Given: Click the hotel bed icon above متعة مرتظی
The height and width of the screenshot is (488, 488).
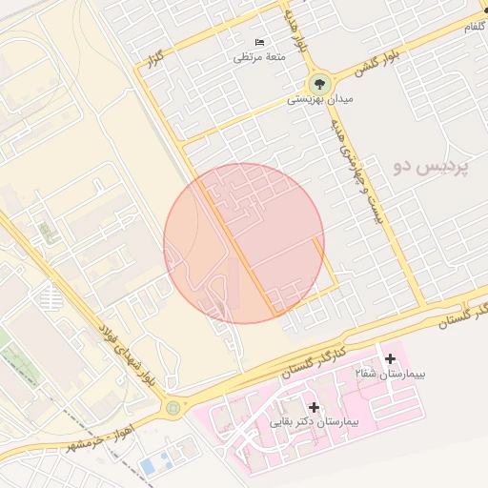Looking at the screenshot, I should click(x=260, y=42).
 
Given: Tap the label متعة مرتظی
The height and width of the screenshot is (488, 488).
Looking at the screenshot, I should click(x=260, y=57).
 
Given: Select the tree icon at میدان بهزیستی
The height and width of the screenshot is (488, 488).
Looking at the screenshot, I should click(x=319, y=83).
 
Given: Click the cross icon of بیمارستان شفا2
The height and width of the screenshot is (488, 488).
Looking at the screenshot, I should click(x=389, y=358).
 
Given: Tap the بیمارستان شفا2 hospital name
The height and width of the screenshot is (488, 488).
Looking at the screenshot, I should click(x=390, y=374).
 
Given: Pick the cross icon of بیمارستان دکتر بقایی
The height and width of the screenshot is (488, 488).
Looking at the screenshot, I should click(x=314, y=407).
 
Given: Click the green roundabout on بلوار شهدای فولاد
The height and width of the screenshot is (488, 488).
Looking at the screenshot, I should click(x=173, y=408).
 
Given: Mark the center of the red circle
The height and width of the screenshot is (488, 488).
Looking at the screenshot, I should click(x=244, y=243).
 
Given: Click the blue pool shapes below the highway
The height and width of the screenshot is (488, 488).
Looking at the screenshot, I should click(x=151, y=466).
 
